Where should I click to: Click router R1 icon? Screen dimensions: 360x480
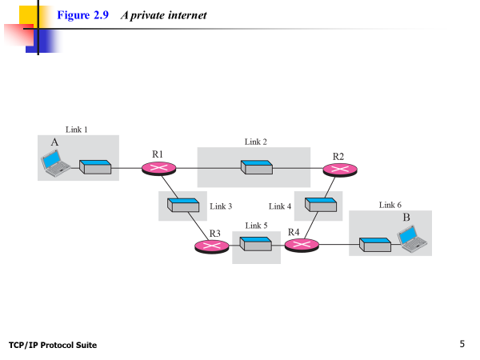coord(158,168)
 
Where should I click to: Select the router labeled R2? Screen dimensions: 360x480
coord(340,169)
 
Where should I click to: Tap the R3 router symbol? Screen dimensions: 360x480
coord(212,246)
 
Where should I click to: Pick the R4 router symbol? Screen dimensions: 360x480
coord(302,245)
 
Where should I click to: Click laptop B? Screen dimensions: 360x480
coord(411,238)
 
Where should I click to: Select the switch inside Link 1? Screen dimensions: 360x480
coord(95,167)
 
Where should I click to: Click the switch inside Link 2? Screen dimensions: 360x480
coord(256,168)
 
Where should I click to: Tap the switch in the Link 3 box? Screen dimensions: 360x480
coord(182,205)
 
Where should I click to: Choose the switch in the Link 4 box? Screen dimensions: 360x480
coord(318,205)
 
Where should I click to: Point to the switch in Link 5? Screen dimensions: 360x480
coord(256,244)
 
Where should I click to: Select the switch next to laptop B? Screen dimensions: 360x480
coord(374,244)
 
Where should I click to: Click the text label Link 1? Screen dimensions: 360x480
coord(77,129)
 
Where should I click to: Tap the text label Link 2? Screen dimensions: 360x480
coord(256,142)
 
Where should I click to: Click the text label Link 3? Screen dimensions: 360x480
coord(221,206)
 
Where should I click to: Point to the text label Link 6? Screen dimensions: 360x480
coord(390,205)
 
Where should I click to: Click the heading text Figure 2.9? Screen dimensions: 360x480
coord(83,15)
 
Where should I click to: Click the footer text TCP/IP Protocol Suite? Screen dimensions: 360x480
coord(53,345)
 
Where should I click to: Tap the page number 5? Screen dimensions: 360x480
coord(462,344)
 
